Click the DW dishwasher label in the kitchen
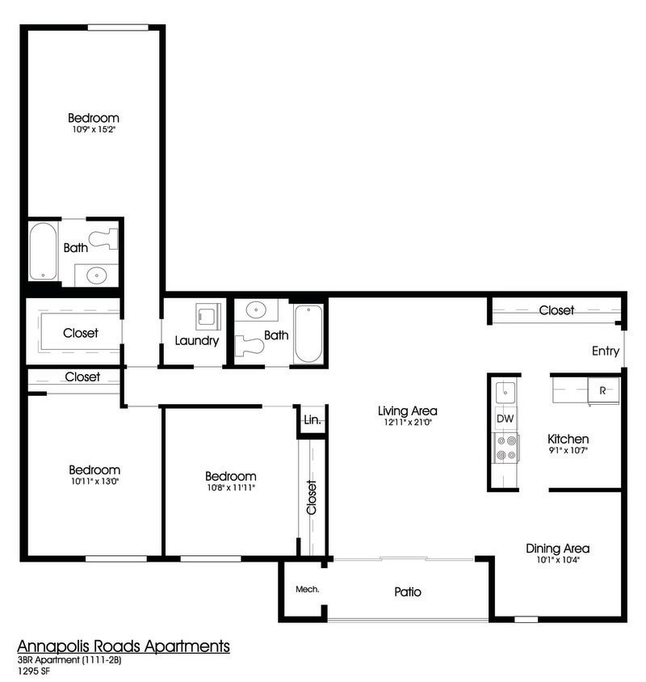click(505, 419)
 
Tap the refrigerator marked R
click(602, 389)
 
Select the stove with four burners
click(505, 448)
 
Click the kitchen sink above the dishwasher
click(505, 393)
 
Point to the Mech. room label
click(308, 589)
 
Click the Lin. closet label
click(312, 420)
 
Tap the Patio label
click(408, 592)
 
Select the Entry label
click(606, 351)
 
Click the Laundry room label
click(197, 341)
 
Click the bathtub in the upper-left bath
click(43, 251)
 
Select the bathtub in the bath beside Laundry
click(308, 334)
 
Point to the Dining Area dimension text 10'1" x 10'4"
click(557, 560)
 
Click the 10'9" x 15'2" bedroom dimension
click(93, 130)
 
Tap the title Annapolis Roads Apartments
click(124, 646)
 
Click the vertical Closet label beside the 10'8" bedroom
click(312, 498)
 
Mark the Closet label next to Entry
click(556, 310)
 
